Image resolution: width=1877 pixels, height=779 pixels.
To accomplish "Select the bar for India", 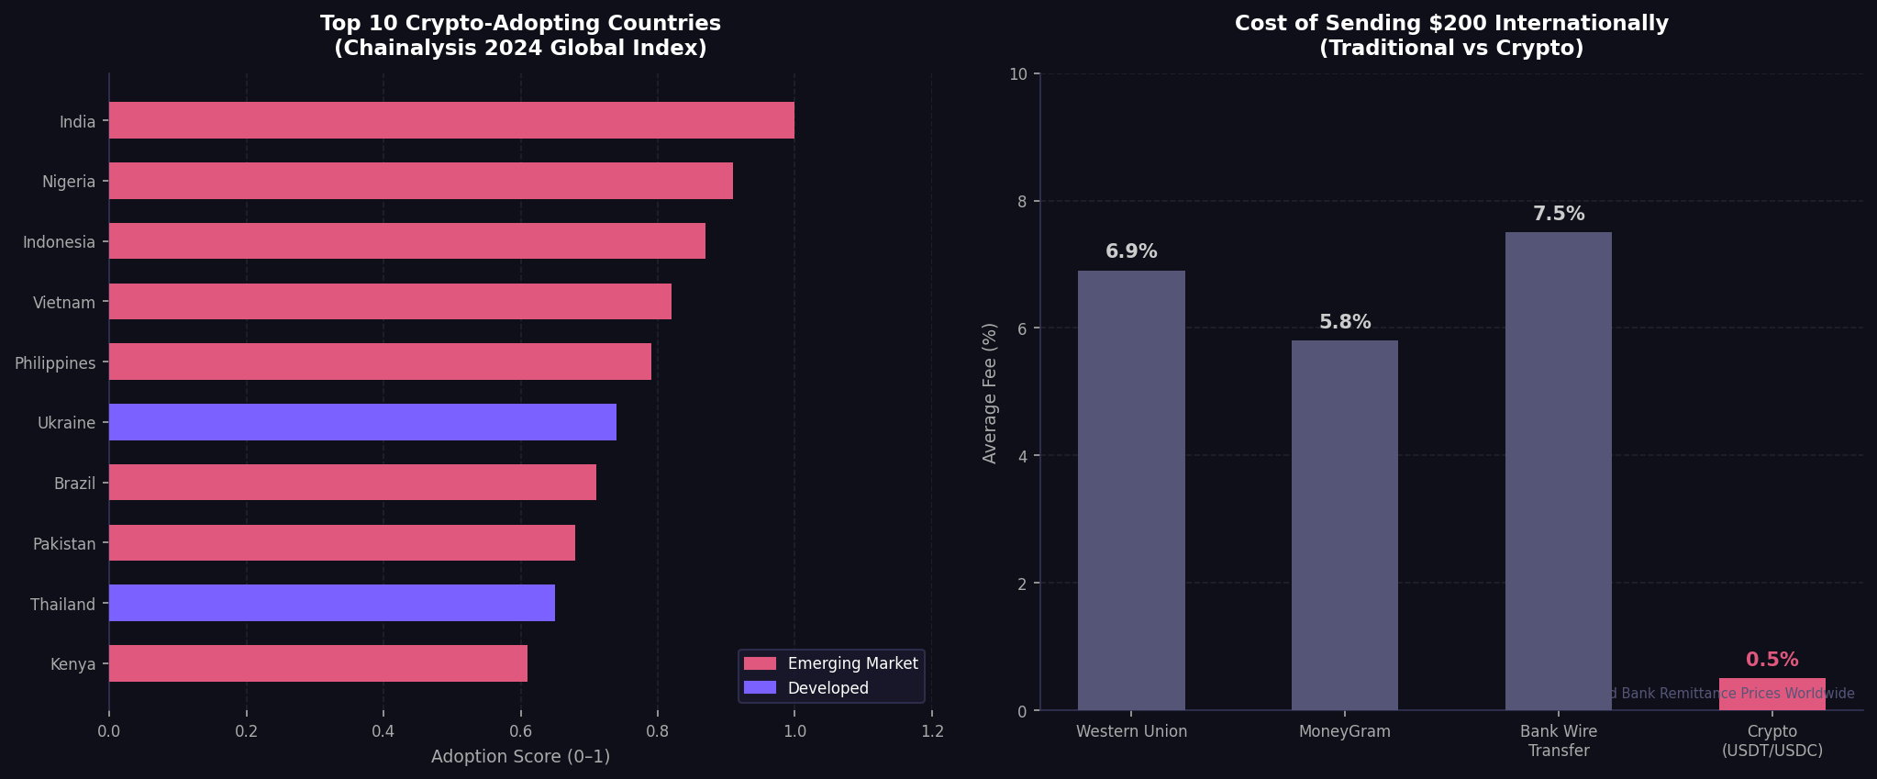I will click(x=451, y=120).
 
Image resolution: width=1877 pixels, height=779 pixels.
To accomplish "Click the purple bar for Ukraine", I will click(x=362, y=422).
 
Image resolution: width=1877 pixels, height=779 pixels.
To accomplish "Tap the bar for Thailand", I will click(x=332, y=603).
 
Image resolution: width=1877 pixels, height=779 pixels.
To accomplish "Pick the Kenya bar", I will click(x=318, y=663).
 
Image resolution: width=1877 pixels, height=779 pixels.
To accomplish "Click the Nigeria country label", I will click(x=69, y=182).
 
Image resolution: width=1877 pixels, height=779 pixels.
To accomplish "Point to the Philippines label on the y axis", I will click(x=55, y=363).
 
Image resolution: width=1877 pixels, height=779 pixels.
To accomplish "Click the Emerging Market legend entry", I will click(x=851, y=663).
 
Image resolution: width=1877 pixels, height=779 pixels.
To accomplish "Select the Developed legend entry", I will click(x=827, y=688).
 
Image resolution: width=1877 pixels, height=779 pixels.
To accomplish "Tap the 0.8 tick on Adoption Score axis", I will click(x=657, y=731).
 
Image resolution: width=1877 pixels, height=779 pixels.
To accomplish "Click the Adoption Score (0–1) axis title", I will click(x=520, y=757).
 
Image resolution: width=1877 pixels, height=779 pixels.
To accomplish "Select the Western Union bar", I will click(x=1131, y=490).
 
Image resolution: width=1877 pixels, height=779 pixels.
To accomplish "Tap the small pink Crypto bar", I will click(x=1771, y=695).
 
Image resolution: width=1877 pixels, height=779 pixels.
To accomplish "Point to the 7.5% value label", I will click(x=1559, y=214).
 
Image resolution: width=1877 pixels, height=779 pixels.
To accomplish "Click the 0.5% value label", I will click(x=1771, y=660).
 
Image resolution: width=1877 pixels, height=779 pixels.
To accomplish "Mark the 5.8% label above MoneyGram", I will click(x=1345, y=322).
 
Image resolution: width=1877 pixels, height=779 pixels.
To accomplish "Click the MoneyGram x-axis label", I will click(x=1345, y=731).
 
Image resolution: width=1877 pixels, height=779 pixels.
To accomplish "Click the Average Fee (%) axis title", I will click(x=989, y=393).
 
